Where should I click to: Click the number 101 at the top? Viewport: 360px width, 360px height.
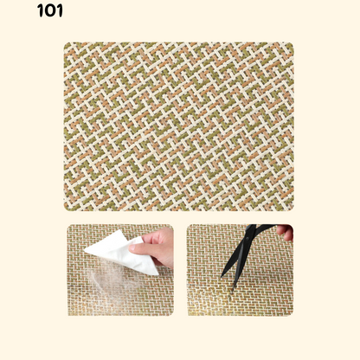coord(50,10)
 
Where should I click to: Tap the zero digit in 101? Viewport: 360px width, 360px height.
coord(50,11)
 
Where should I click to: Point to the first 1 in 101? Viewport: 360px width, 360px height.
coord(40,10)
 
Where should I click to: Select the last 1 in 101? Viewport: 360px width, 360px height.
coord(59,10)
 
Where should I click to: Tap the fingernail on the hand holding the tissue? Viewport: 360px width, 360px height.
coord(132,247)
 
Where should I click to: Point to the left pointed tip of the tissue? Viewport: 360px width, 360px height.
coord(85,251)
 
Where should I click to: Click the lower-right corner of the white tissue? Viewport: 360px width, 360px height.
coord(157,274)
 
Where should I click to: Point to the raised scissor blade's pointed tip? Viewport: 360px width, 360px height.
coord(222,276)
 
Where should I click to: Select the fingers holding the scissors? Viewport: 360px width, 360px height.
coord(286,232)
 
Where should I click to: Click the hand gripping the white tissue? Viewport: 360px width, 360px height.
coord(154,247)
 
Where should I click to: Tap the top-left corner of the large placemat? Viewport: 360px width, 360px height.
coord(64,42)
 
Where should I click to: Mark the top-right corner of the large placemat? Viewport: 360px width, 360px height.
coord(293,42)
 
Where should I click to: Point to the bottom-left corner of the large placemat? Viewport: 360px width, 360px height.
coord(64,210)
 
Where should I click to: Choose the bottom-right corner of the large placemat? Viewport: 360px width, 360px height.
coord(293,210)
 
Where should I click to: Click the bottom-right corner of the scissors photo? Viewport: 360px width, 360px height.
coord(292,315)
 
